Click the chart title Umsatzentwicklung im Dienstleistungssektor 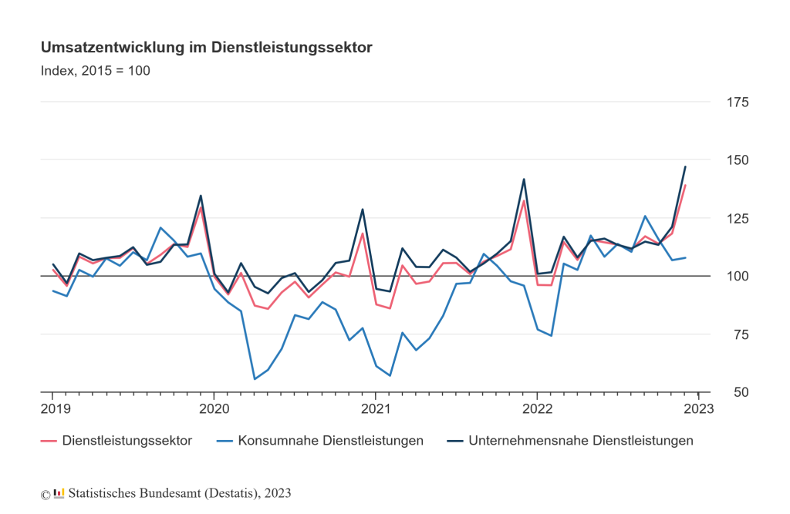coord(206,48)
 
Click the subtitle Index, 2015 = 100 coord(95,71)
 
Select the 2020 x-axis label coord(214,408)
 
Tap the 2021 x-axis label coord(375,408)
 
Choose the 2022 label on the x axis coord(536,408)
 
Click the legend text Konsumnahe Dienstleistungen coord(331,441)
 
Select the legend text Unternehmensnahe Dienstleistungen coord(580,441)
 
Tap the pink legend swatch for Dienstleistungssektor coord(49,441)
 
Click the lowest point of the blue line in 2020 coord(255,379)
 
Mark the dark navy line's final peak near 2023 coord(685,166)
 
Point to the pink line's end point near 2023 coord(685,185)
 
